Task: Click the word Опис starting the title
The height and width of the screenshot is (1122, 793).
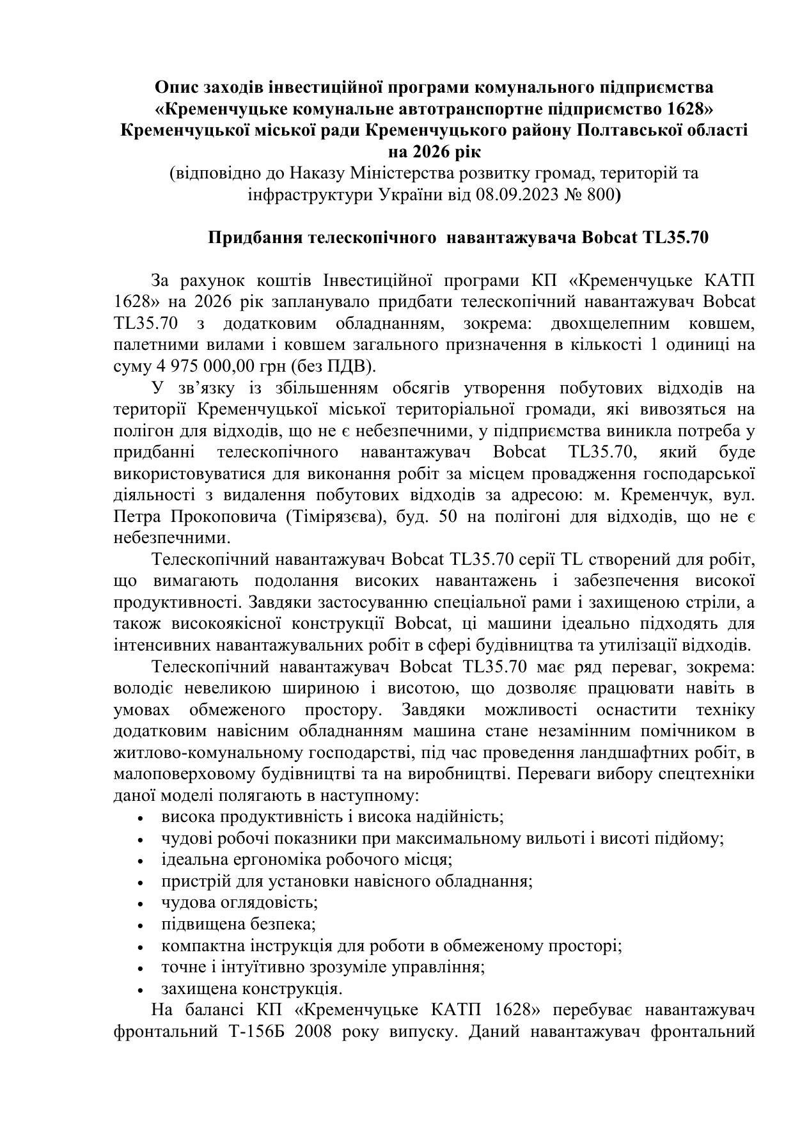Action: pos(176,86)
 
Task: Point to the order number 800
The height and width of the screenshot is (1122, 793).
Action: pos(600,194)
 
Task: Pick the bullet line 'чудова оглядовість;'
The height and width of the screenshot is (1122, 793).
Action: pos(240,903)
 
